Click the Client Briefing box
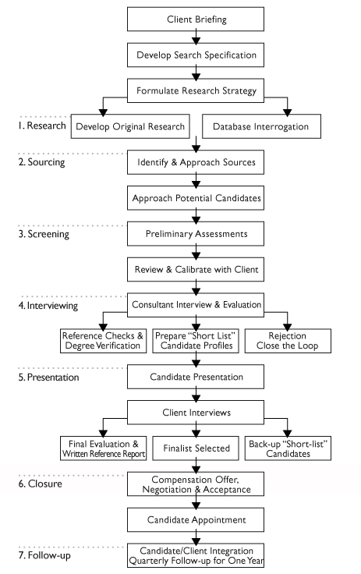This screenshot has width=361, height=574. [x=196, y=19]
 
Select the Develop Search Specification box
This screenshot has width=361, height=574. [x=196, y=55]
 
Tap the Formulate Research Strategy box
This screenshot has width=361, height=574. [x=196, y=90]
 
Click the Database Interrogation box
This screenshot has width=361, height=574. [x=261, y=126]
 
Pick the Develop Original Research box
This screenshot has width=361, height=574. [x=130, y=126]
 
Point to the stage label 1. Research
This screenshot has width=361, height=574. [x=42, y=126]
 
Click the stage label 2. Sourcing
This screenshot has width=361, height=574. [x=41, y=161]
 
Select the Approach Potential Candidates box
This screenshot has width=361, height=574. [x=196, y=198]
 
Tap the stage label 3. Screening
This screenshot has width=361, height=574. [x=44, y=234]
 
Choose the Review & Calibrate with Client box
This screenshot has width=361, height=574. [x=196, y=269]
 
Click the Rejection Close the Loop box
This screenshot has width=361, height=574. [x=288, y=341]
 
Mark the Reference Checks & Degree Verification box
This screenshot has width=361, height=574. [x=103, y=341]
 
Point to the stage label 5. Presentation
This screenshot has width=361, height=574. [x=48, y=377]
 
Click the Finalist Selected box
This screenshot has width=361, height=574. [x=196, y=448]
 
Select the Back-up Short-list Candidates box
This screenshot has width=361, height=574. [x=288, y=448]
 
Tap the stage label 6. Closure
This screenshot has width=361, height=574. [x=40, y=484]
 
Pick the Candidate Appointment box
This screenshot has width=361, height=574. [x=196, y=519]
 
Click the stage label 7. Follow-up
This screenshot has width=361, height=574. [x=44, y=555]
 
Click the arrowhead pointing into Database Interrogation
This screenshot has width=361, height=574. [x=288, y=112]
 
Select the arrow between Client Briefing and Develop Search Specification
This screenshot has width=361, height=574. [x=196, y=37]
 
